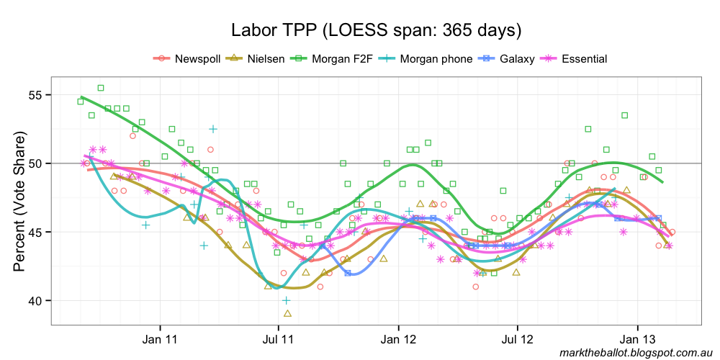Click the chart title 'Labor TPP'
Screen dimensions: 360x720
pos(376,30)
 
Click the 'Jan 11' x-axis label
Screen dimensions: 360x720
pos(160,338)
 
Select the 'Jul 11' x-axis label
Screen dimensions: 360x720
pos(278,338)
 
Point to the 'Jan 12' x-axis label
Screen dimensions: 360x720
pos(398,338)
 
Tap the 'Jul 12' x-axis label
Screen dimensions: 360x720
pos(517,338)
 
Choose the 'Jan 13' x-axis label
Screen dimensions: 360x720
pos(637,338)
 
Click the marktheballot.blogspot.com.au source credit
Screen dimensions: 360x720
pos(635,352)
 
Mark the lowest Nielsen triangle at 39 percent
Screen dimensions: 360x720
pos(287,313)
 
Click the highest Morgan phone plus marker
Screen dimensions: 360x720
pos(213,129)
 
